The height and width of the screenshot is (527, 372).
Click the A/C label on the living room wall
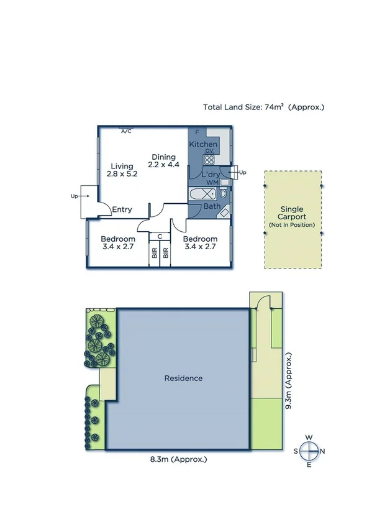[x=126, y=131]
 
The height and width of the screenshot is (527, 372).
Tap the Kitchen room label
[x=203, y=144]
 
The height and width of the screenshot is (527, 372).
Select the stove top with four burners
[x=210, y=158]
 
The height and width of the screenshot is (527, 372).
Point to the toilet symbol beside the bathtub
[x=224, y=194]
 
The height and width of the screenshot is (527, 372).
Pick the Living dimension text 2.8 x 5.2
[x=121, y=174]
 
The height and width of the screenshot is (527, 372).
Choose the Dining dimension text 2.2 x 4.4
[x=163, y=165]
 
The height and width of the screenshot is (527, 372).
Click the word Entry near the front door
[x=122, y=209]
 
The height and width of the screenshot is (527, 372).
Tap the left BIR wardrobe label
[x=154, y=254]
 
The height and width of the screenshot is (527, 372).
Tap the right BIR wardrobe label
[x=166, y=254]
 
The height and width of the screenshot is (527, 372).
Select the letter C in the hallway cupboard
[x=160, y=236]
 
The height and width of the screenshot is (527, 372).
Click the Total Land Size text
[x=263, y=107]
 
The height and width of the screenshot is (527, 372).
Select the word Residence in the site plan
[x=183, y=378]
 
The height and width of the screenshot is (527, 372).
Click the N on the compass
[x=323, y=451]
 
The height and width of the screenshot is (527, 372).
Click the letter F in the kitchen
[x=197, y=132]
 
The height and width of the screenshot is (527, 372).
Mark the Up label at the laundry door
[x=243, y=172]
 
